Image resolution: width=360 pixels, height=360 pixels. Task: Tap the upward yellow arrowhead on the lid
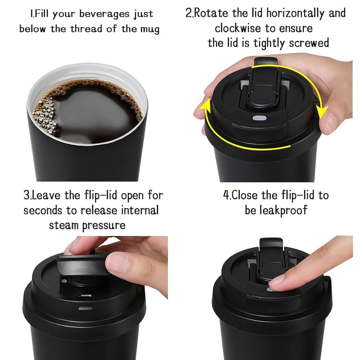pos(207,106)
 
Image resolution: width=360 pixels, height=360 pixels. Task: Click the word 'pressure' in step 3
pos(104,225)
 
